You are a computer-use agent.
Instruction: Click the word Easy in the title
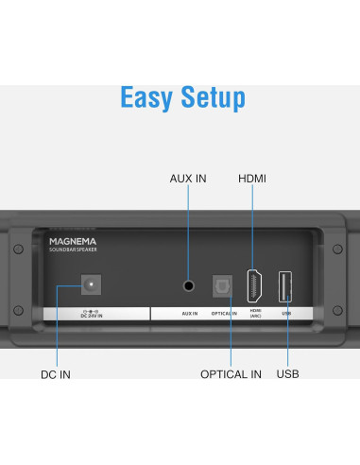tap(148, 97)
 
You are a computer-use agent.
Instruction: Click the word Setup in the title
tap(212, 97)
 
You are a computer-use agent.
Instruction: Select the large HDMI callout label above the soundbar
tap(252, 179)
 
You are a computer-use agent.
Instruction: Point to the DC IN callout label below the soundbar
tap(55, 374)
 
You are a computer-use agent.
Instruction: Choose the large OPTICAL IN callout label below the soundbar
tap(231, 374)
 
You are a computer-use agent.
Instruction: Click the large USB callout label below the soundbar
tap(288, 374)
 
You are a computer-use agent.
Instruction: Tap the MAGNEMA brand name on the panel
tap(73, 241)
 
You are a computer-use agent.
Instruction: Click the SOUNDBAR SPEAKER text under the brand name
tap(72, 250)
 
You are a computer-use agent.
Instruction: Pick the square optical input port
tap(224, 284)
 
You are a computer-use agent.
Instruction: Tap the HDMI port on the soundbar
tap(254, 284)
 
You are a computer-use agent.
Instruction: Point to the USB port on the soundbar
tap(284, 284)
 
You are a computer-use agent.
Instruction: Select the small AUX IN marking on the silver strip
tap(189, 312)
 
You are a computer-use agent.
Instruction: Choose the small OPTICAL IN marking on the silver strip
tap(224, 312)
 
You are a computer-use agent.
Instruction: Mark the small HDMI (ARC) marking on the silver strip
tap(255, 313)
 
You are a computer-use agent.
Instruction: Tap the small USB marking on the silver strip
tap(284, 312)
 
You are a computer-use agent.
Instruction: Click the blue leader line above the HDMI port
tap(253, 227)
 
